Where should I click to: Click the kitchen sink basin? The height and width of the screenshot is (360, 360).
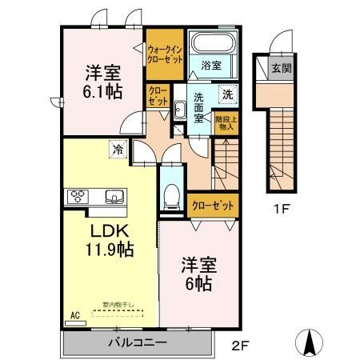click(x=112, y=194)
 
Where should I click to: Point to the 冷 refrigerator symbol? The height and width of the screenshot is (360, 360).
click(x=118, y=149)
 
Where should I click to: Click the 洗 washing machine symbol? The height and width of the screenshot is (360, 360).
click(x=226, y=93)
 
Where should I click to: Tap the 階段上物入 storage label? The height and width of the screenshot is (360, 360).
click(x=225, y=122)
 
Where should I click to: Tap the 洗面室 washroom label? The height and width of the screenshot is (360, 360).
click(x=199, y=108)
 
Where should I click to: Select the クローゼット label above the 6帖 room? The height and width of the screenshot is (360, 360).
click(x=213, y=205)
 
